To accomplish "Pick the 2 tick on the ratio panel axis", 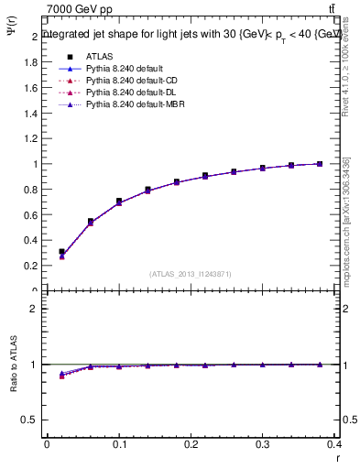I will click(35, 309).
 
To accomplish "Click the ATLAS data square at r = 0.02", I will click(61, 251).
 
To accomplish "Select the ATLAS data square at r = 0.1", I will click(119, 201).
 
